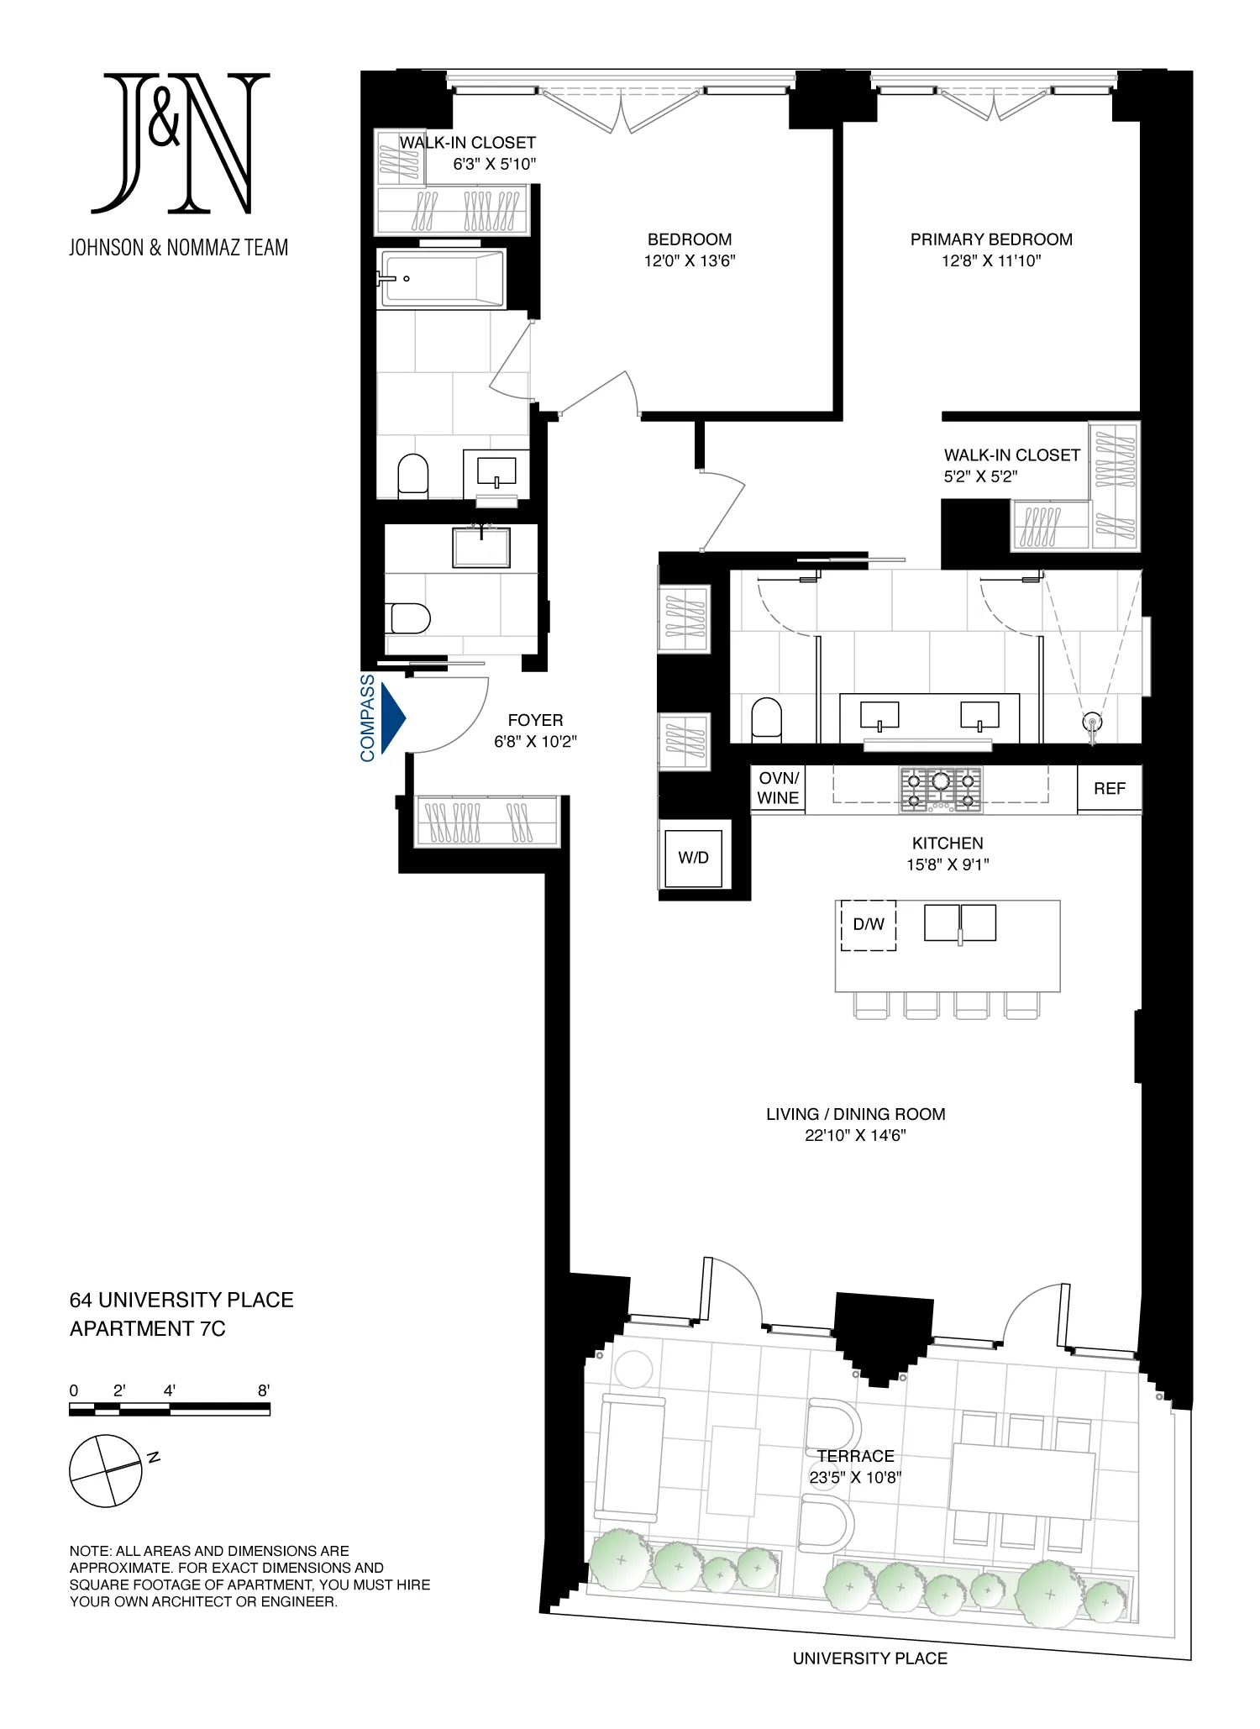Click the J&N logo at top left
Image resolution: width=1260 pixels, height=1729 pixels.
coord(179,143)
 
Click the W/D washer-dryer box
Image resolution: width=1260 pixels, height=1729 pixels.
coord(693,858)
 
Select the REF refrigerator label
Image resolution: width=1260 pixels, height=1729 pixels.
coord(1109,789)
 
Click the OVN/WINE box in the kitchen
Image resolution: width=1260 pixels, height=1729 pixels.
coord(778,789)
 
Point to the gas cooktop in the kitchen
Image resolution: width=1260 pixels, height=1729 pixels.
coord(941,789)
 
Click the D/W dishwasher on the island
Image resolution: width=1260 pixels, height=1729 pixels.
coord(869,925)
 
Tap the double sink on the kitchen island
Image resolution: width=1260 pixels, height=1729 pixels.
coord(960,922)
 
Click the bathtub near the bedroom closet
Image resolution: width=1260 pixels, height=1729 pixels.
coord(442,279)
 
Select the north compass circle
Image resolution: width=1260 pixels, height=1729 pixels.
coord(106,1470)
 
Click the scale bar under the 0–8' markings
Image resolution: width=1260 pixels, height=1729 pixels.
coord(170,1411)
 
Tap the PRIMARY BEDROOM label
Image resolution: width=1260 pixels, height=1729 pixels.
coord(991,239)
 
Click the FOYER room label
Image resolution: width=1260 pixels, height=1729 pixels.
coord(535,721)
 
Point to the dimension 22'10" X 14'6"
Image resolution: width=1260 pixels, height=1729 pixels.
coord(855,1136)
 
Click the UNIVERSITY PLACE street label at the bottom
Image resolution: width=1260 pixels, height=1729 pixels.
coord(870,1658)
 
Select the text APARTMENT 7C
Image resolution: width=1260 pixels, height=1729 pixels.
coord(148,1329)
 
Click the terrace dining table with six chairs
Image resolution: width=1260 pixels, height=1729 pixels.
coord(1021,1480)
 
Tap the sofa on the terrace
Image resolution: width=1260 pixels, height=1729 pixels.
coord(630,1458)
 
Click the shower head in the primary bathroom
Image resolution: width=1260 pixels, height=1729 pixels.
coord(1092,723)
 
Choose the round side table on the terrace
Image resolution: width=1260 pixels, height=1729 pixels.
coord(633,1370)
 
